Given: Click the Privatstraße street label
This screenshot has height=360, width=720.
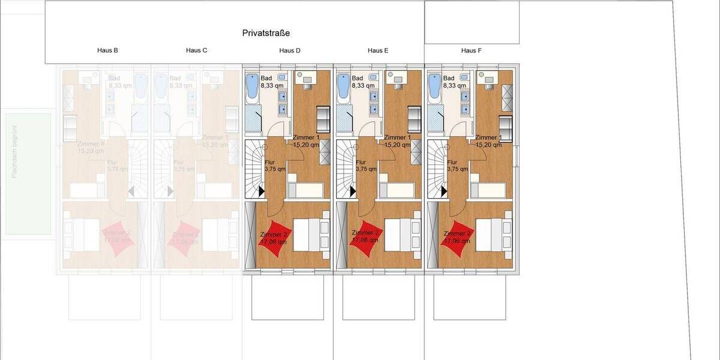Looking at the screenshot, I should (x=266, y=33).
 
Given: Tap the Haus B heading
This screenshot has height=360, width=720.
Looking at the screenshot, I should (x=107, y=51).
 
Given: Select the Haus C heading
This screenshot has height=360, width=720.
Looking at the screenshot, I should (x=197, y=51).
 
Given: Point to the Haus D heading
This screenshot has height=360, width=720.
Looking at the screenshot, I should (x=290, y=51).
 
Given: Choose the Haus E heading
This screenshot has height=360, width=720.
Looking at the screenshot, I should (x=378, y=51).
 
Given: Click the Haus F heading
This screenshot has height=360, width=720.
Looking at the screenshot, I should (x=472, y=51).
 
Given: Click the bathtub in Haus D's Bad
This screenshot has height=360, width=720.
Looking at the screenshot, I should (x=252, y=88).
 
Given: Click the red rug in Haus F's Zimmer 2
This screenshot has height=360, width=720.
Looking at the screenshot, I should (x=458, y=238).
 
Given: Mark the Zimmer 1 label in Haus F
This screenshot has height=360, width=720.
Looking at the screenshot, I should (x=488, y=141).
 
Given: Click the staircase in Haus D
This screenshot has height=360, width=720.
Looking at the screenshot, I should (x=255, y=169).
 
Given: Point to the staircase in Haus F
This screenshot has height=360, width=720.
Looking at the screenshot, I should (x=437, y=169).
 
